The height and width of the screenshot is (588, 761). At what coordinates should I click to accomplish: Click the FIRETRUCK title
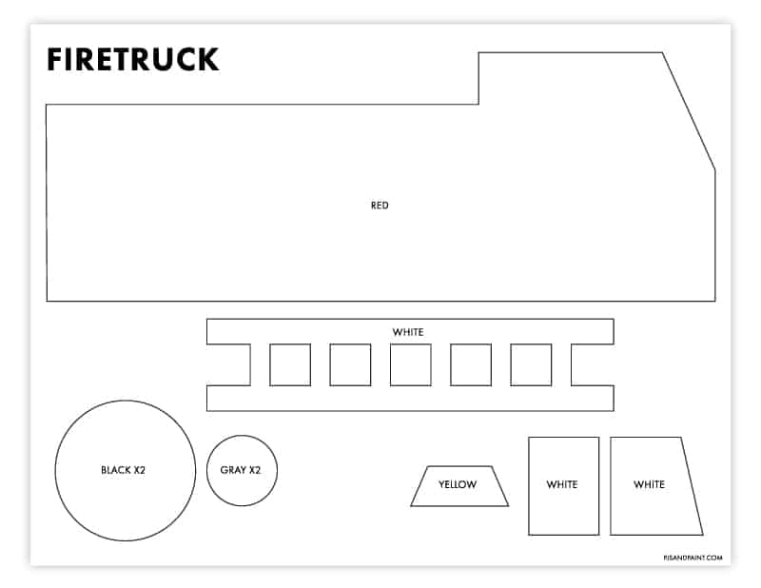pos(132,60)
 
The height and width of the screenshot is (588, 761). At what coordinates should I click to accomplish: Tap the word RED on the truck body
pos(380,206)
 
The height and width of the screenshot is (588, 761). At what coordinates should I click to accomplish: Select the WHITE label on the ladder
pos(408,332)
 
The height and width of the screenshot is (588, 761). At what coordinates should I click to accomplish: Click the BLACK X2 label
pos(124,470)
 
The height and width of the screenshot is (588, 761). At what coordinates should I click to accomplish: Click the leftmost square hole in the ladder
pos(290,364)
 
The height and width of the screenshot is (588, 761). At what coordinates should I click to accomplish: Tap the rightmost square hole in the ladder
pos(531,364)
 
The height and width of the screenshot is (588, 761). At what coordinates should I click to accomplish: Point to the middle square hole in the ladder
pos(410,364)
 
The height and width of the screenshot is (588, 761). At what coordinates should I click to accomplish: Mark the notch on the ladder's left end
pos(228,364)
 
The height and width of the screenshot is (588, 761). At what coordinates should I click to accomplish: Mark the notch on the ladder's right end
pos(593,364)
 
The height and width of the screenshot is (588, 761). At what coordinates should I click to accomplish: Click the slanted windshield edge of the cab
pos(689,111)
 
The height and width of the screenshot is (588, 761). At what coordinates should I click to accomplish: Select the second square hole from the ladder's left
pos(350,364)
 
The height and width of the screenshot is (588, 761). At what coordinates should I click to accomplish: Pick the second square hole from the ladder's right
pos(471,364)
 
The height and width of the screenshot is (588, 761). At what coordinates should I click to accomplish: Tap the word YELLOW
pos(458,485)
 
